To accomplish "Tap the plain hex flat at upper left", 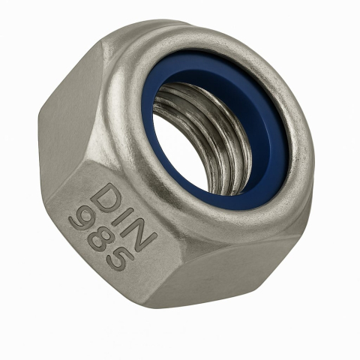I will click(71, 97).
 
